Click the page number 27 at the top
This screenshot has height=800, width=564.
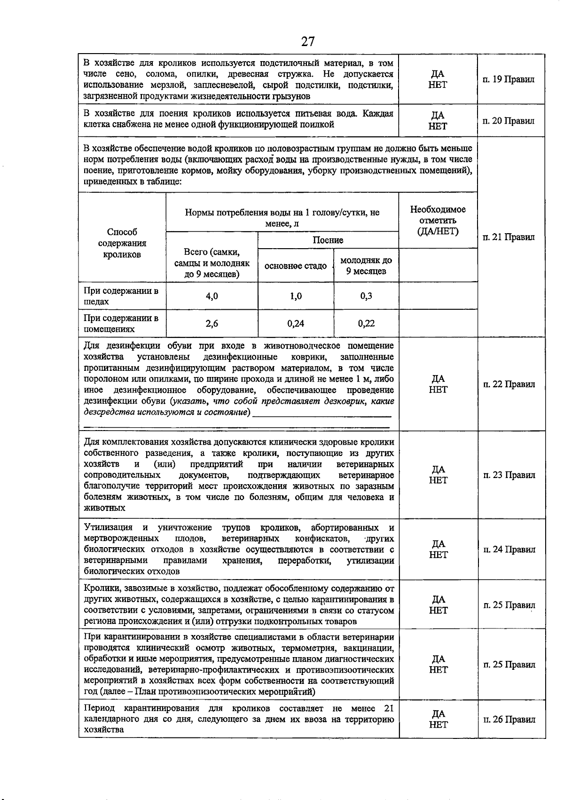point(308,42)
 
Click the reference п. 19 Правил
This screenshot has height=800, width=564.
point(509,79)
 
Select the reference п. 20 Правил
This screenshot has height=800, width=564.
point(509,121)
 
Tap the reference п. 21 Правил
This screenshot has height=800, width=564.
point(509,237)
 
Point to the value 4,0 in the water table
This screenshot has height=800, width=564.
point(212,296)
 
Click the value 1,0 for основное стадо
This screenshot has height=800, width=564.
point(296,296)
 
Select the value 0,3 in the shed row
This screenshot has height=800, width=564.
point(366,296)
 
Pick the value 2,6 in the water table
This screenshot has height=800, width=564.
point(212,323)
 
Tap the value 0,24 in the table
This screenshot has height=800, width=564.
point(296,323)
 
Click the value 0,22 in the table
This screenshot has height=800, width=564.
point(366,323)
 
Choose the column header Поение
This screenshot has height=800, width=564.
point(328,240)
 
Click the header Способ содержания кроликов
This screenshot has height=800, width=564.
point(122,243)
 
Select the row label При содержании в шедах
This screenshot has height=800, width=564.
point(121,296)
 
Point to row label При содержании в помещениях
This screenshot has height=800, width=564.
point(121,323)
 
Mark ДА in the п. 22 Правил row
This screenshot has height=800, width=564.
point(438,378)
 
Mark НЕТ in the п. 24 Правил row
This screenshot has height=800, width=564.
point(438,555)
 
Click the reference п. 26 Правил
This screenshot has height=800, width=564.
point(509,719)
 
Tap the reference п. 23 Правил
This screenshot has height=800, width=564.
point(509,475)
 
